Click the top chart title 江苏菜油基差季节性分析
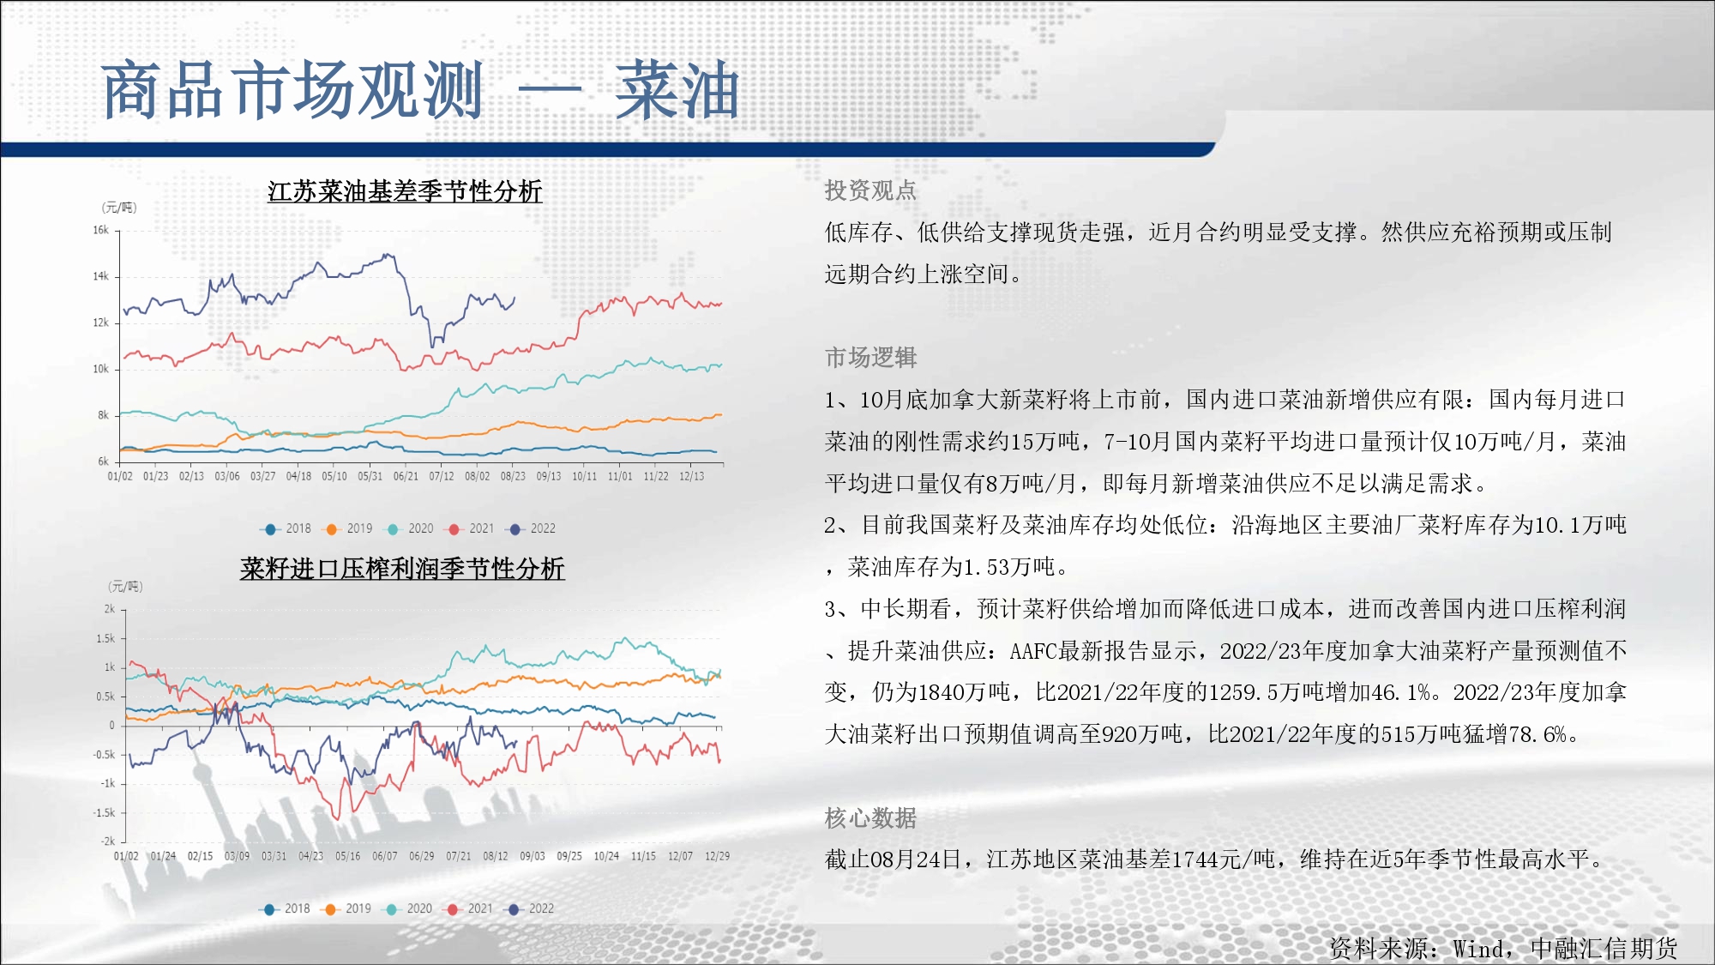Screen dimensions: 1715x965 point(405,191)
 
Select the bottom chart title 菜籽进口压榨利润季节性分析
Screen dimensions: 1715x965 point(402,569)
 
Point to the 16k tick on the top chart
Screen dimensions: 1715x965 point(101,230)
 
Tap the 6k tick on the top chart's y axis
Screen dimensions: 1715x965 point(104,461)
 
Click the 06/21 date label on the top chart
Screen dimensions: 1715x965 point(406,476)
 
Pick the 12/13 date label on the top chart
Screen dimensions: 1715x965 point(691,476)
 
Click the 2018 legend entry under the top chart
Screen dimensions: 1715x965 point(288,528)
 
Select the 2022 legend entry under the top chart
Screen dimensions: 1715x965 point(533,528)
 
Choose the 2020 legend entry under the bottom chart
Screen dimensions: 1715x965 point(409,908)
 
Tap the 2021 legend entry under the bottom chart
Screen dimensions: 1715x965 point(470,908)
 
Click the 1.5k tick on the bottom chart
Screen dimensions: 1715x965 point(105,638)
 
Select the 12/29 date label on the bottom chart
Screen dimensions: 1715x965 point(718,856)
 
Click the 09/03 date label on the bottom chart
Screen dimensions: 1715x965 point(533,856)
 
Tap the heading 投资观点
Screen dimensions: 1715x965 point(870,190)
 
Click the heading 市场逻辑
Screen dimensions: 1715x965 point(870,357)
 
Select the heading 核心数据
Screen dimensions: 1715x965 point(870,817)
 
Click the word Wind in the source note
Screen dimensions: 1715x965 point(1478,949)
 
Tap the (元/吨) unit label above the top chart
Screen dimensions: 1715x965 point(119,208)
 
